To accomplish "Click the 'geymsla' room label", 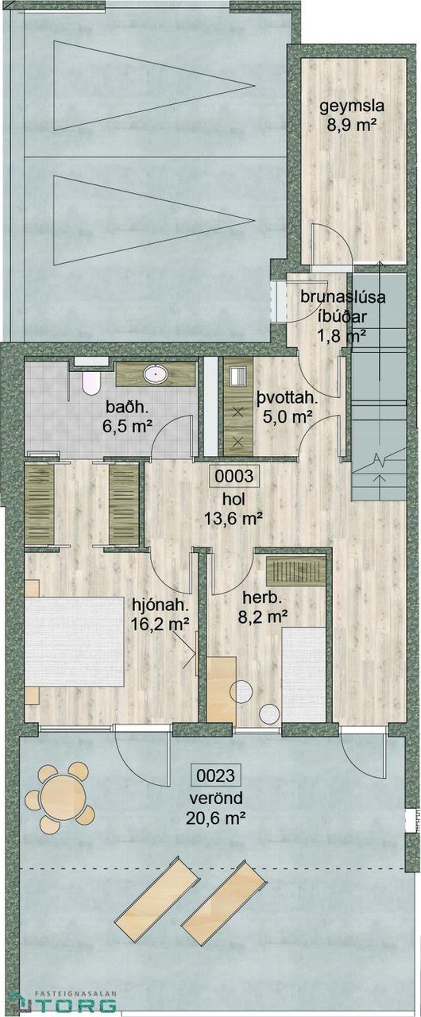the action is (352, 106).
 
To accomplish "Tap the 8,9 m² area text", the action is (353, 124).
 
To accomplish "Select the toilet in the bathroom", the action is (91, 384).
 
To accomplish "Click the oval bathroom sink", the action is (156, 374).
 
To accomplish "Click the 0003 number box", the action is (234, 476).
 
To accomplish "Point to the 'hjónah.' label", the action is (160, 605).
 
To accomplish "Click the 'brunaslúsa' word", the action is (343, 297).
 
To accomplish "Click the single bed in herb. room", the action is (304, 675).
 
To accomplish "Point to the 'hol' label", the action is (234, 500).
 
